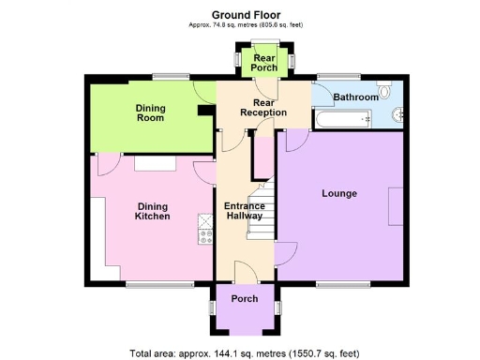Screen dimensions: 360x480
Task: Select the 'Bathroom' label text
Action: (x=356, y=97)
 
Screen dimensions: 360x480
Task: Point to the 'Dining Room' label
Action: (x=150, y=112)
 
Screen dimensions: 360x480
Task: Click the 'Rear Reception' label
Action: (x=262, y=107)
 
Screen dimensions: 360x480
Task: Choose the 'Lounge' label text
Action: (x=339, y=194)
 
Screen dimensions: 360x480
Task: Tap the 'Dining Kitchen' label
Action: (x=153, y=211)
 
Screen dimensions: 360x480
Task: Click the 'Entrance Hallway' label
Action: (x=244, y=211)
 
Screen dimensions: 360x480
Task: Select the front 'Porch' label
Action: (x=245, y=299)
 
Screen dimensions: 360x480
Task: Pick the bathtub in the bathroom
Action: (x=343, y=118)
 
